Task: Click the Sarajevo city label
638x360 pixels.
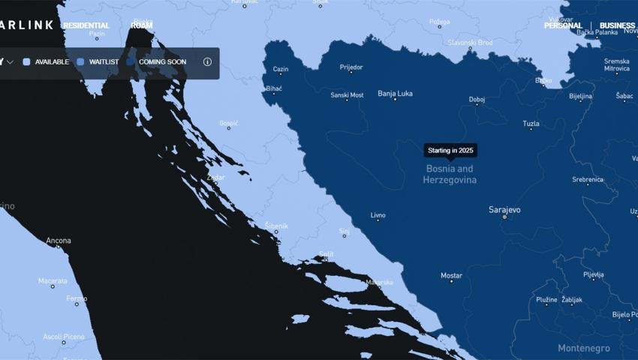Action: click(504, 210)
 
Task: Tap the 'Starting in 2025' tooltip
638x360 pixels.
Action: click(450, 151)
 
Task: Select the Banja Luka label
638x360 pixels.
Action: click(395, 94)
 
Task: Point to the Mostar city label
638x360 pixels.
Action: click(451, 276)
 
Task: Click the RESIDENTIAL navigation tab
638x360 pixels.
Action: click(86, 25)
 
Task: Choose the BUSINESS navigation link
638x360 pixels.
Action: click(617, 25)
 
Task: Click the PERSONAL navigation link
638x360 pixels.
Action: click(564, 25)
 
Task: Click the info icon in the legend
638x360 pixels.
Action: click(207, 62)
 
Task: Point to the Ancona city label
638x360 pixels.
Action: click(59, 241)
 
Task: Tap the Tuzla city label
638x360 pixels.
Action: click(531, 124)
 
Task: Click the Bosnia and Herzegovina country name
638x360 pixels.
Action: click(450, 175)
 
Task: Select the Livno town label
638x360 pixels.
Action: click(378, 215)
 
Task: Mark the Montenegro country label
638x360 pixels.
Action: click(583, 348)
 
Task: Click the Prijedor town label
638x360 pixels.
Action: click(351, 67)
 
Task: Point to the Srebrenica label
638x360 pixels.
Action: click(588, 179)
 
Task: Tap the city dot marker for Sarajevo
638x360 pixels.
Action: click(504, 217)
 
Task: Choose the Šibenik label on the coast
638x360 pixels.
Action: click(276, 226)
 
